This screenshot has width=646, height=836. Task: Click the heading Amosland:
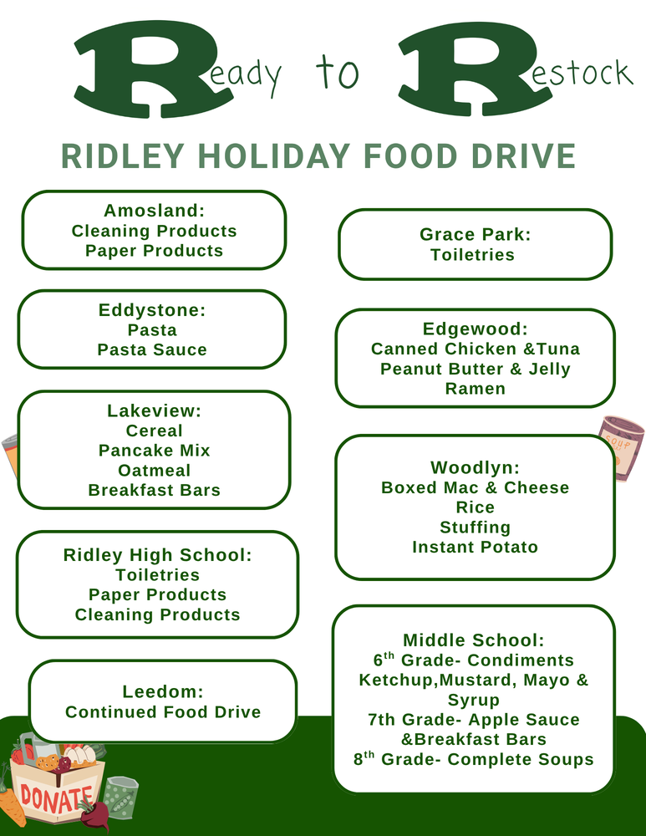pos(154,211)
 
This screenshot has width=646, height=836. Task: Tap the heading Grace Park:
pos(475,235)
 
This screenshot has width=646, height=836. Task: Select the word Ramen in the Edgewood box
pos(475,389)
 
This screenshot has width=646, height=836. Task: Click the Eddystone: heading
pos(152,310)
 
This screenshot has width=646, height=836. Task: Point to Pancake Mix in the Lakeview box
pos(154,451)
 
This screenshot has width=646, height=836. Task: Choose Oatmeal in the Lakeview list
pos(154,471)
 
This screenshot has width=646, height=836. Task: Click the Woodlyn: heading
pos(475,467)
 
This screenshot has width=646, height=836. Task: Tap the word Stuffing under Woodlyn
pos(475,528)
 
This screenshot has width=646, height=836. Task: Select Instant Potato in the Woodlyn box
pos(475,548)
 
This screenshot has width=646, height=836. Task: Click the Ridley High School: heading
pos(157,555)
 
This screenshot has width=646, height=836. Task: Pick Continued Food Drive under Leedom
pos(163,712)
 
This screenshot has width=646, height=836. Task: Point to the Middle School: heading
pos(474,640)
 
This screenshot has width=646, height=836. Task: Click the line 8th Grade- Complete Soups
pos(474,760)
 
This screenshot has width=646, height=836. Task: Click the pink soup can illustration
pos(622,448)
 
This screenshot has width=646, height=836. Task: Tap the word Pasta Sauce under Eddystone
pos(152,350)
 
